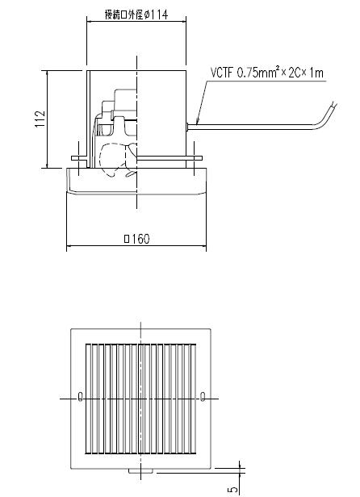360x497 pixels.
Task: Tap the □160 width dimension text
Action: pos(137,239)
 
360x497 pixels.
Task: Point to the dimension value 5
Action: pos(233,488)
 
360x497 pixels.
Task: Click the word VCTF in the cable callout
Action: pos(221,73)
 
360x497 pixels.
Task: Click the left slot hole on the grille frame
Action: pos(79,396)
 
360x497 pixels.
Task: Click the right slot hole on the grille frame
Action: pos(202,396)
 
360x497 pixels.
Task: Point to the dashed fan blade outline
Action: pos(113,157)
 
